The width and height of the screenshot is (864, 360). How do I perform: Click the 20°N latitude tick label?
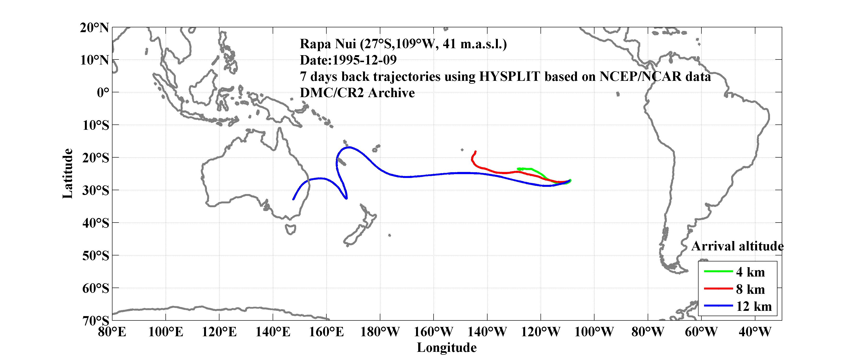click(94, 28)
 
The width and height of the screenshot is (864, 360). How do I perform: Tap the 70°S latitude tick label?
click(96, 320)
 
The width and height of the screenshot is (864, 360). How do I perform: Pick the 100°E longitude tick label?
click(166, 332)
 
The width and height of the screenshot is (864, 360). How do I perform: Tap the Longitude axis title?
click(447, 348)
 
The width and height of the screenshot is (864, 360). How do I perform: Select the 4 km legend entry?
click(750, 272)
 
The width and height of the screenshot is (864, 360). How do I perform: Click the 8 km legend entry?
click(750, 289)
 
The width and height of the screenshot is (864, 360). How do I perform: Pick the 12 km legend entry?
click(754, 306)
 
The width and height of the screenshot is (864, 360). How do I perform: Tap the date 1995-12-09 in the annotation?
click(364, 60)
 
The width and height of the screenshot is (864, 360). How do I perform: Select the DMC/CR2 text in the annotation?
click(331, 93)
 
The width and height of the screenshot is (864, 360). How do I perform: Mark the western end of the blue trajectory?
click(294, 199)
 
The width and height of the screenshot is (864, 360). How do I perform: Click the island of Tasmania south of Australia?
click(290, 230)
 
